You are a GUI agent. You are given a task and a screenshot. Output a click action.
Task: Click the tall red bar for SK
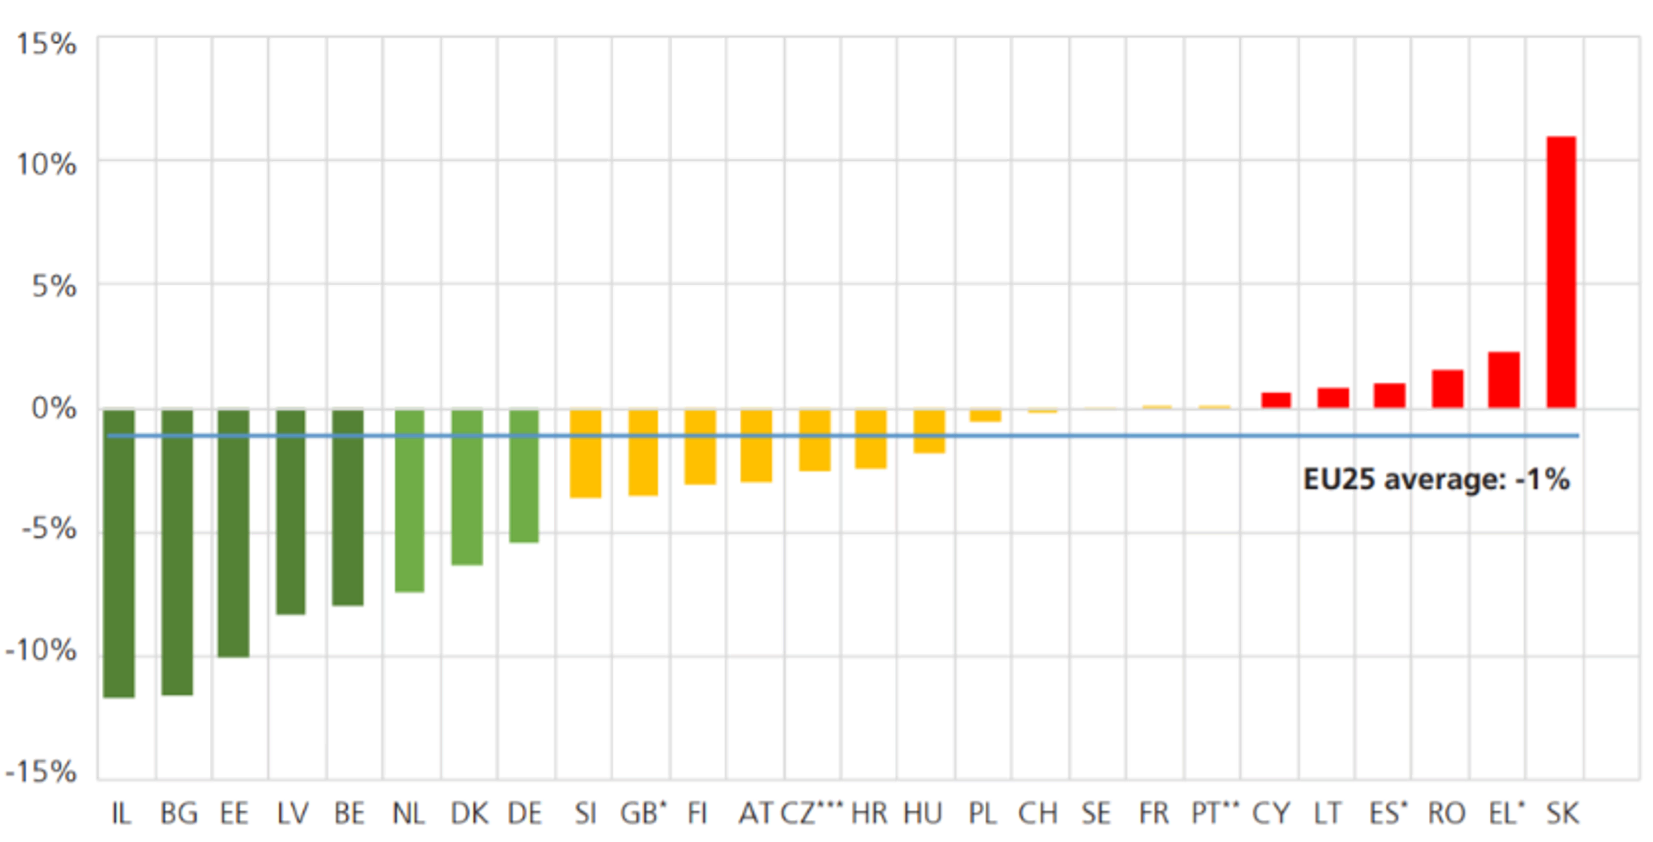tap(1561, 272)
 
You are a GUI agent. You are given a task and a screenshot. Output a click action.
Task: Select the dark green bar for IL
tap(119, 554)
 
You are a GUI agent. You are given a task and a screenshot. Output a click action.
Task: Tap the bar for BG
tap(177, 552)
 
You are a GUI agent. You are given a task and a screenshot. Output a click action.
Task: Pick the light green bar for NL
tap(409, 501)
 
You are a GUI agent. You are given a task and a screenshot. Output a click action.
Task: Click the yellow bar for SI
tap(585, 454)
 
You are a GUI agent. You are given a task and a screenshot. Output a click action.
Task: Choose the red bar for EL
tap(1504, 380)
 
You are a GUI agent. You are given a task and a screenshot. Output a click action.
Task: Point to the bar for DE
tap(523, 476)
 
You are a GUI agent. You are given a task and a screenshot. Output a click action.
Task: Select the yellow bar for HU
tap(929, 431)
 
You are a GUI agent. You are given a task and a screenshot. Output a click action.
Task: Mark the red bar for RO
tap(1447, 389)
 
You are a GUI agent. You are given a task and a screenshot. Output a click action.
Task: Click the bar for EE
tap(233, 534)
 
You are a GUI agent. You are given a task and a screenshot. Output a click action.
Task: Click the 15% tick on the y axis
tap(46, 44)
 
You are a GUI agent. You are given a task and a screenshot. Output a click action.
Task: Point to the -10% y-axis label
tap(41, 650)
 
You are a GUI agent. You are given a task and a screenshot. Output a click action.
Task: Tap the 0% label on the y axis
tap(53, 408)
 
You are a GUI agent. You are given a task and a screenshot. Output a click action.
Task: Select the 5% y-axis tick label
tap(53, 286)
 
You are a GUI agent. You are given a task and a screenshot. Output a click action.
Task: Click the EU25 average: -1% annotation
tap(1436, 479)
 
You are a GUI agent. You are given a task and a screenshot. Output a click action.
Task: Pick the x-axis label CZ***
tap(811, 813)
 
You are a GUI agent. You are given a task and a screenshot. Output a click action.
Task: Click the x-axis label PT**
tap(1215, 813)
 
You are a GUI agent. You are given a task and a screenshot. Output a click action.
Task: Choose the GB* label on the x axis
tap(643, 813)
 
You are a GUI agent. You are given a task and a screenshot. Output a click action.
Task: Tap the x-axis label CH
tap(1037, 814)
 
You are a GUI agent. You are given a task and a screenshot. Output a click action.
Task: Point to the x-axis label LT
tap(1327, 814)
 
